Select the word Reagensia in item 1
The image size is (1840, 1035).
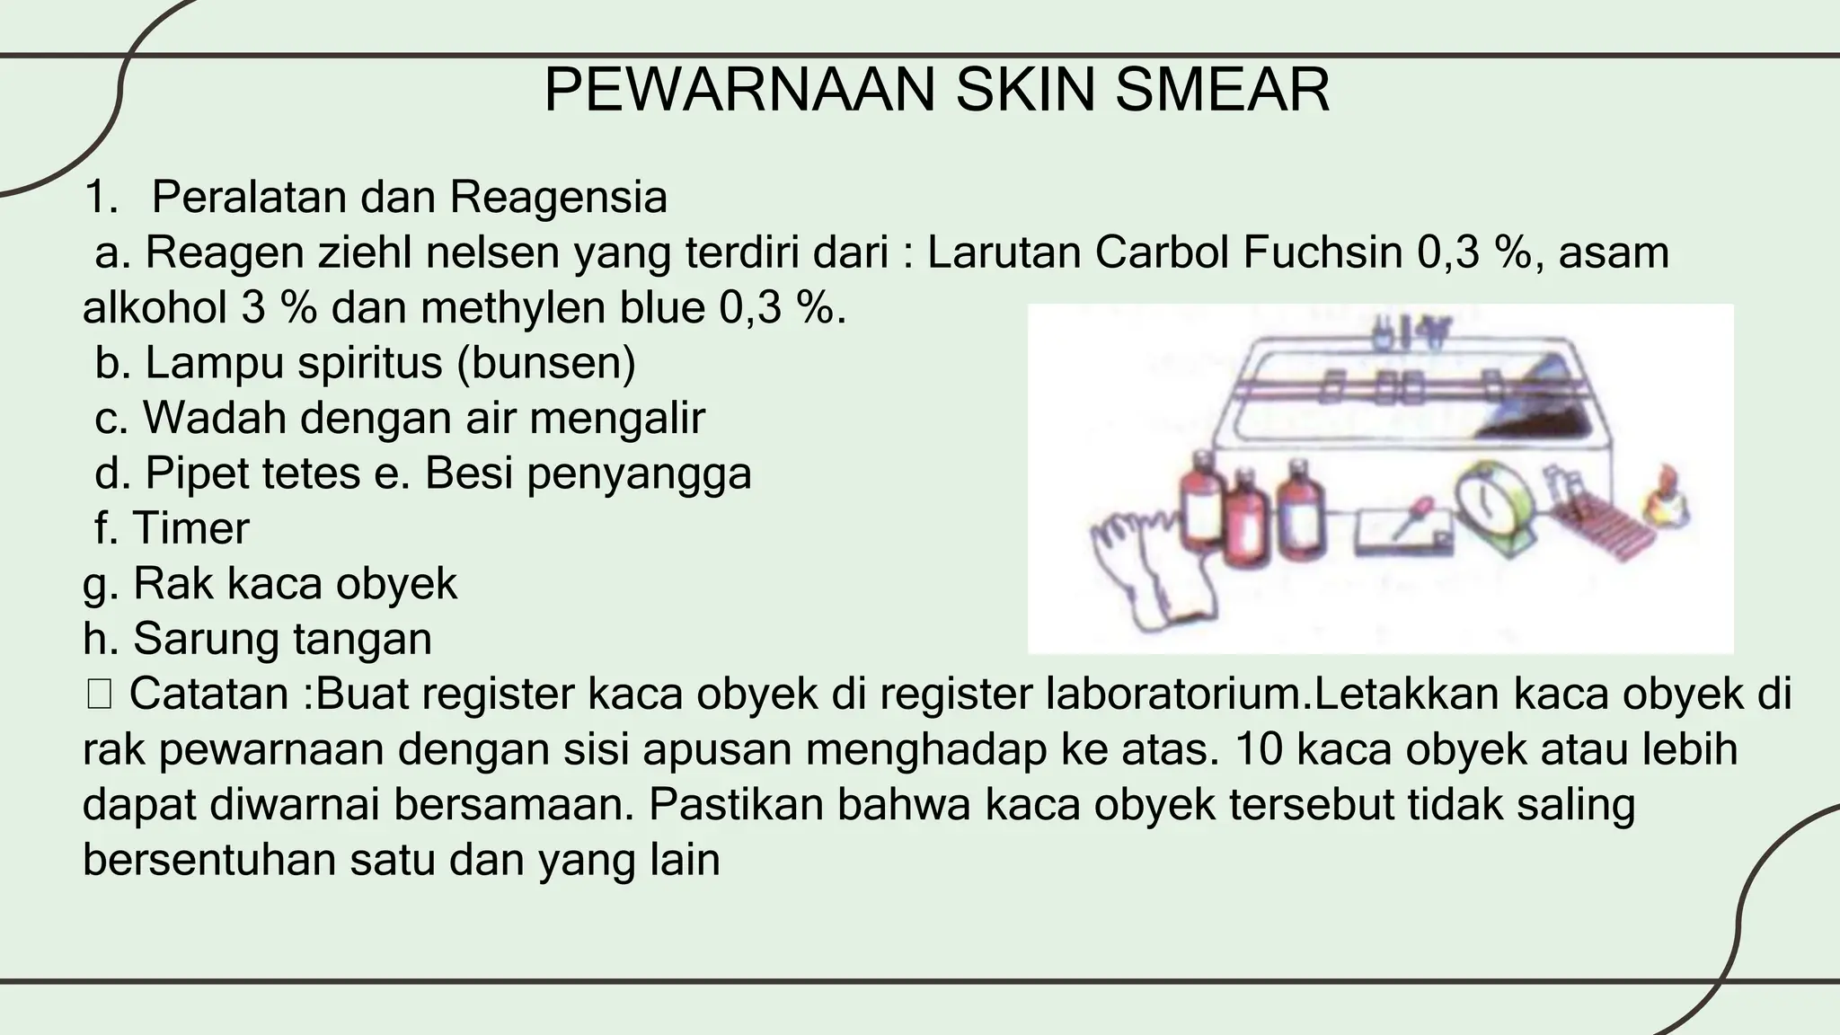pyautogui.click(x=559, y=198)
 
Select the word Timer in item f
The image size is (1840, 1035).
pyautogui.click(x=190, y=528)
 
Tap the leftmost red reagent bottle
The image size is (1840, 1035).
pyautogui.click(x=1200, y=517)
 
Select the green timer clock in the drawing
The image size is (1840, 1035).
pyautogui.click(x=1492, y=508)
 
